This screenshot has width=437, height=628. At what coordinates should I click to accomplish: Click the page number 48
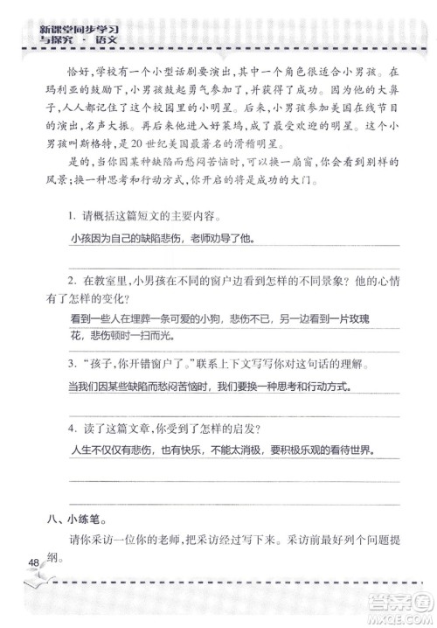point(33,562)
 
